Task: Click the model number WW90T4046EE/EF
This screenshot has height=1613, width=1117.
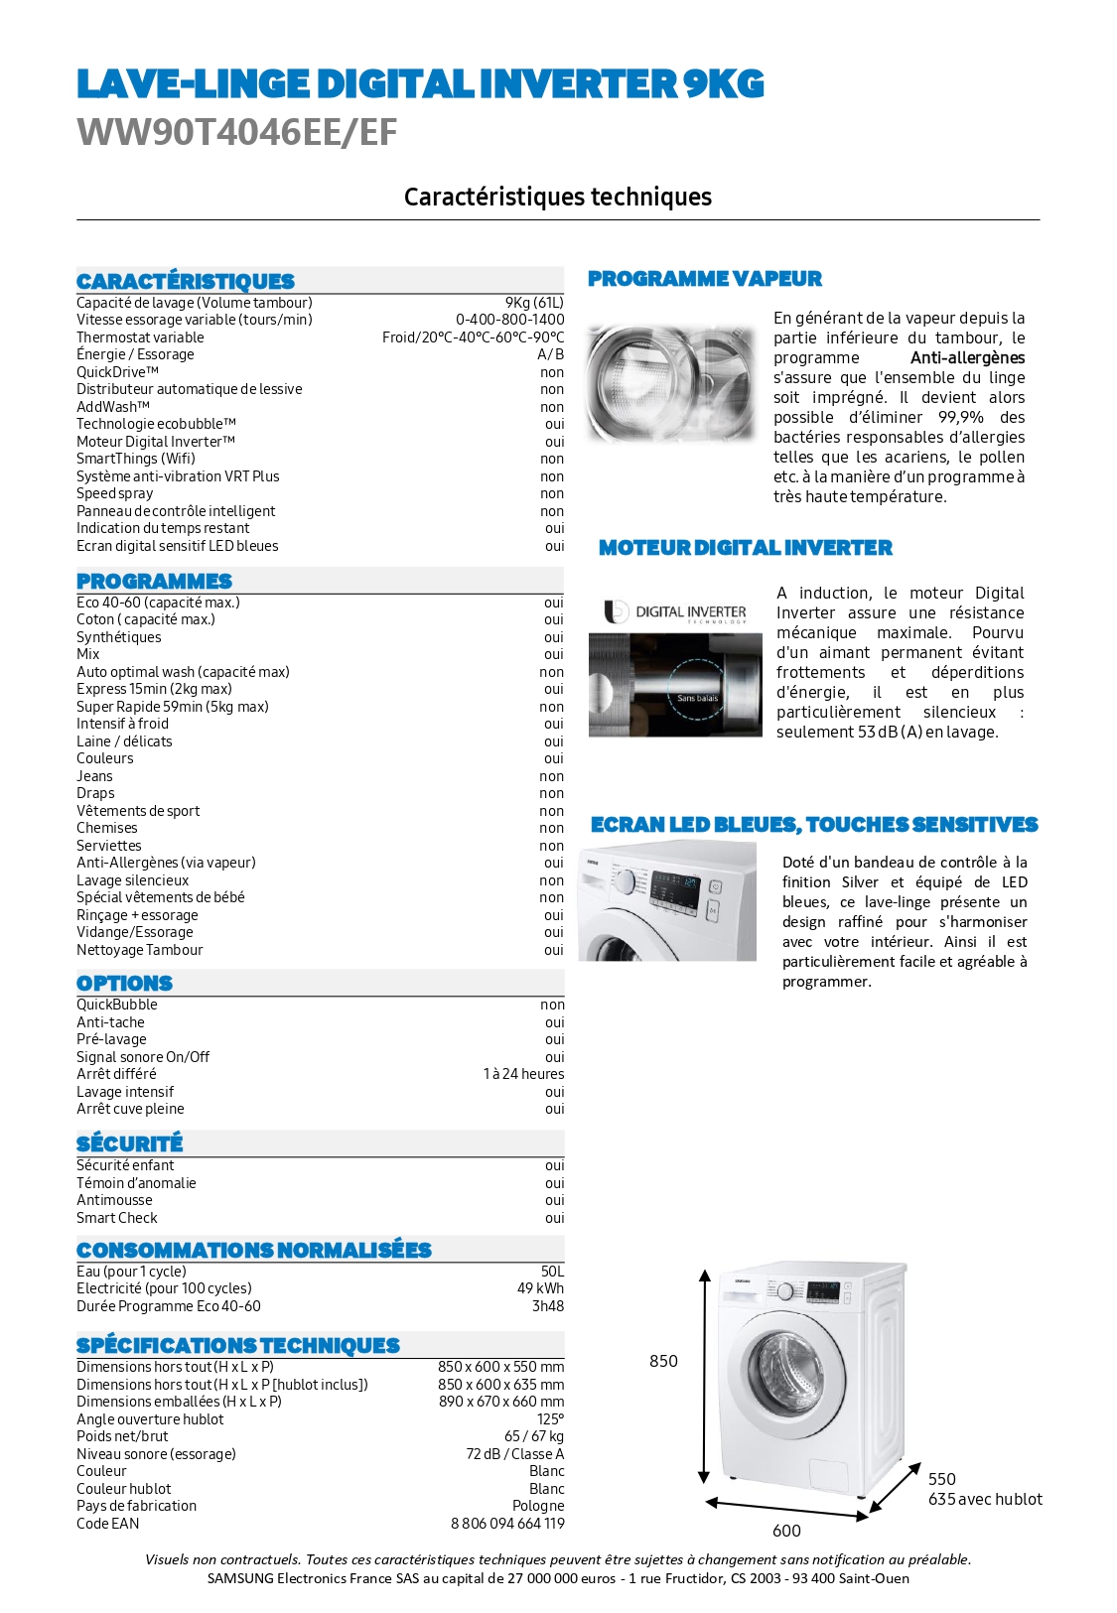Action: (x=236, y=132)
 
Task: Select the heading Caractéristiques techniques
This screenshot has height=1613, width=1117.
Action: (x=557, y=197)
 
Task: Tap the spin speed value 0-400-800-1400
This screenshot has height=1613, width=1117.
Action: (x=509, y=320)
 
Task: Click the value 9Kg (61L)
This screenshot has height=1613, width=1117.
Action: (x=533, y=302)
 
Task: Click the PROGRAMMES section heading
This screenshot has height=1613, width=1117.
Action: (x=154, y=582)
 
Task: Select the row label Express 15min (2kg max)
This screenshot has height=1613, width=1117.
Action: (x=154, y=689)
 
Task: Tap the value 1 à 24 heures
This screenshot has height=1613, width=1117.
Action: (x=523, y=1074)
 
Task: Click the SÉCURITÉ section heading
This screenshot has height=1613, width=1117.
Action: (x=129, y=1143)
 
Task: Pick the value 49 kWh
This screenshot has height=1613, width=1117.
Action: (x=539, y=1288)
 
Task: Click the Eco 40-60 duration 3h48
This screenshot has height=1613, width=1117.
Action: (x=547, y=1306)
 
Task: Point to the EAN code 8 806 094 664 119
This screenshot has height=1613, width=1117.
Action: (x=507, y=1524)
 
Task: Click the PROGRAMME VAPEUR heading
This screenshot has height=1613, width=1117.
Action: (x=704, y=279)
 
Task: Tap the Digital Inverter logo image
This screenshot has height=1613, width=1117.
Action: (x=675, y=612)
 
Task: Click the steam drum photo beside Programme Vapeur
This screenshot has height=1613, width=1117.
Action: (x=670, y=382)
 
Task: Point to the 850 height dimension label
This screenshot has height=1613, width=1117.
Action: (x=663, y=1361)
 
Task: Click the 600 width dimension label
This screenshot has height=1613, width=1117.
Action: (x=786, y=1531)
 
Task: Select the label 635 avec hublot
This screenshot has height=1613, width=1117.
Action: (x=985, y=1499)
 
